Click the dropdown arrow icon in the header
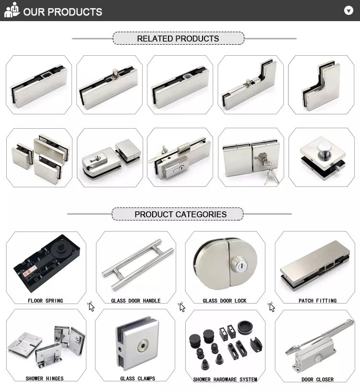pos(348,11)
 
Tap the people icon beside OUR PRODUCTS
pos(12,10)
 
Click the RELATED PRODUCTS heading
pos(178,38)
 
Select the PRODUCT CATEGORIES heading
pos(180,214)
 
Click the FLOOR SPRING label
pos(45,301)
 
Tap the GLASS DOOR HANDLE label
pos(136,301)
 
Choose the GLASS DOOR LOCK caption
pos(225,301)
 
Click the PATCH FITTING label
pos(317,301)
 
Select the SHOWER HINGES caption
pos(45,378)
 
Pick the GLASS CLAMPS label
pos(137,378)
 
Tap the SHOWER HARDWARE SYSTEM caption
pos(225,379)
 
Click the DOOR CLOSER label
pos(317,379)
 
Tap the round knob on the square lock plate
pos(324,150)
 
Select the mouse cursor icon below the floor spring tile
pos(91,307)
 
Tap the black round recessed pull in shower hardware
pos(245,327)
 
